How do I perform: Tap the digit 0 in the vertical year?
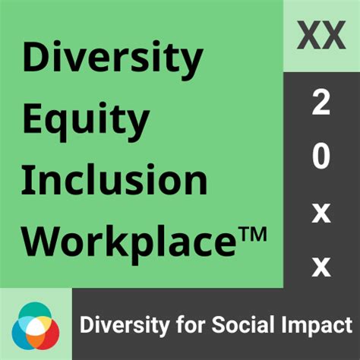pos(321,158)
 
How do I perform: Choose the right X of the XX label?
pos(334,35)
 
